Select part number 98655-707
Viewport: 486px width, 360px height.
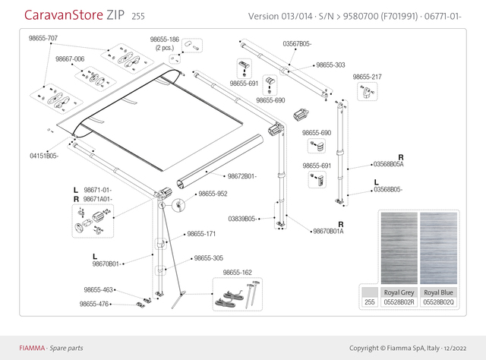coord(43,37)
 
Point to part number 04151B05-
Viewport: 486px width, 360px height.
coord(43,156)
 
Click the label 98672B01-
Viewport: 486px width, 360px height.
coord(242,176)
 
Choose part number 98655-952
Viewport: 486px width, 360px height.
coord(213,194)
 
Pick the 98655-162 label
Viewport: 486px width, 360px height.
coord(237,272)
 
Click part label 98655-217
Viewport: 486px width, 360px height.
coord(367,77)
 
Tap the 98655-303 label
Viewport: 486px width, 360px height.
coord(330,65)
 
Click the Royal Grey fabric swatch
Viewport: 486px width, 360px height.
coord(397,247)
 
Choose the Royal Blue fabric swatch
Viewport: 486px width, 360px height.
coord(438,247)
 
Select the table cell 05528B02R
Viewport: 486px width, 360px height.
coord(397,302)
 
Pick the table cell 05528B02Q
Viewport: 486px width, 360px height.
coord(438,302)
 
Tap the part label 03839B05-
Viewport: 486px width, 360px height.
coord(241,218)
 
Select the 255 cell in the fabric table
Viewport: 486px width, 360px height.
coord(369,302)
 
